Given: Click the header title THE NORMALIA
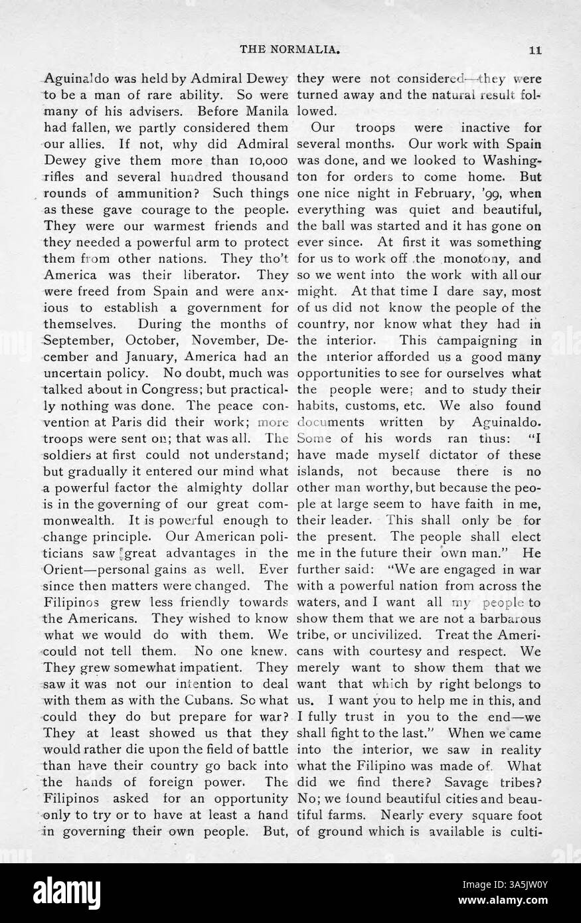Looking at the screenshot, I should pyautogui.click(x=290, y=48).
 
